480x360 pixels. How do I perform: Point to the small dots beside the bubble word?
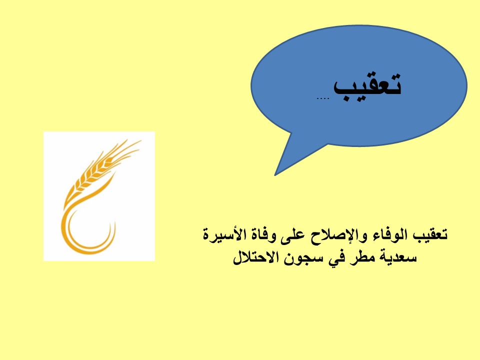(x=322, y=98)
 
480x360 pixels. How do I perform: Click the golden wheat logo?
(x=99, y=196)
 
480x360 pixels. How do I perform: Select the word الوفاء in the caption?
(x=386, y=235)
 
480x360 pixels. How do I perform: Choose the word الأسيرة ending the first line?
(x=223, y=234)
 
